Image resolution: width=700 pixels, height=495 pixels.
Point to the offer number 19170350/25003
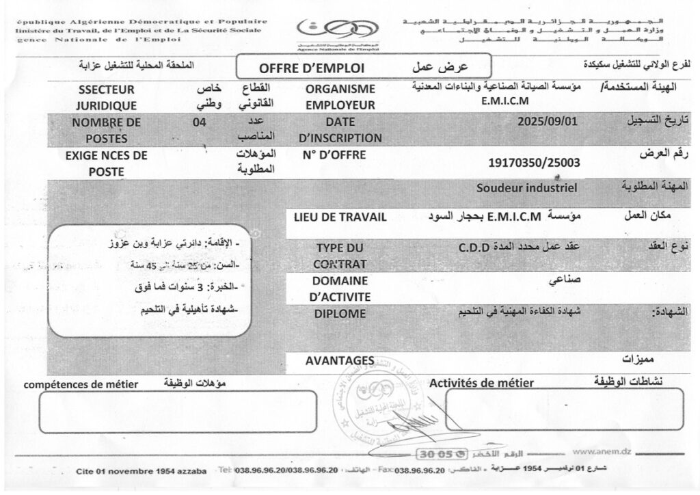pos(531,163)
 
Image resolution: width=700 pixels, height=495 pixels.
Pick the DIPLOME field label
pos(340,314)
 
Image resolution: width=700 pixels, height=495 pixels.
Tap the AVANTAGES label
pos(340,360)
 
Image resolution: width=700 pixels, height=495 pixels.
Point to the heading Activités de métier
pos(481,383)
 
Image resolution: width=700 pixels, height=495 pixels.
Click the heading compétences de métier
pos(81,385)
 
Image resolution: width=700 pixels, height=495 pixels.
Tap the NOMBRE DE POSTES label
pos(106,130)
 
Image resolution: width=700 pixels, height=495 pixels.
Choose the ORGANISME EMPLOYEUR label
pos(340,97)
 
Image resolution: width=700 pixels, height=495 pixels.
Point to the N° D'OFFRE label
pos(334,155)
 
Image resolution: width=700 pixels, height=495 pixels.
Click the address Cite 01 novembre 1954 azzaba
pos(141,472)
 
